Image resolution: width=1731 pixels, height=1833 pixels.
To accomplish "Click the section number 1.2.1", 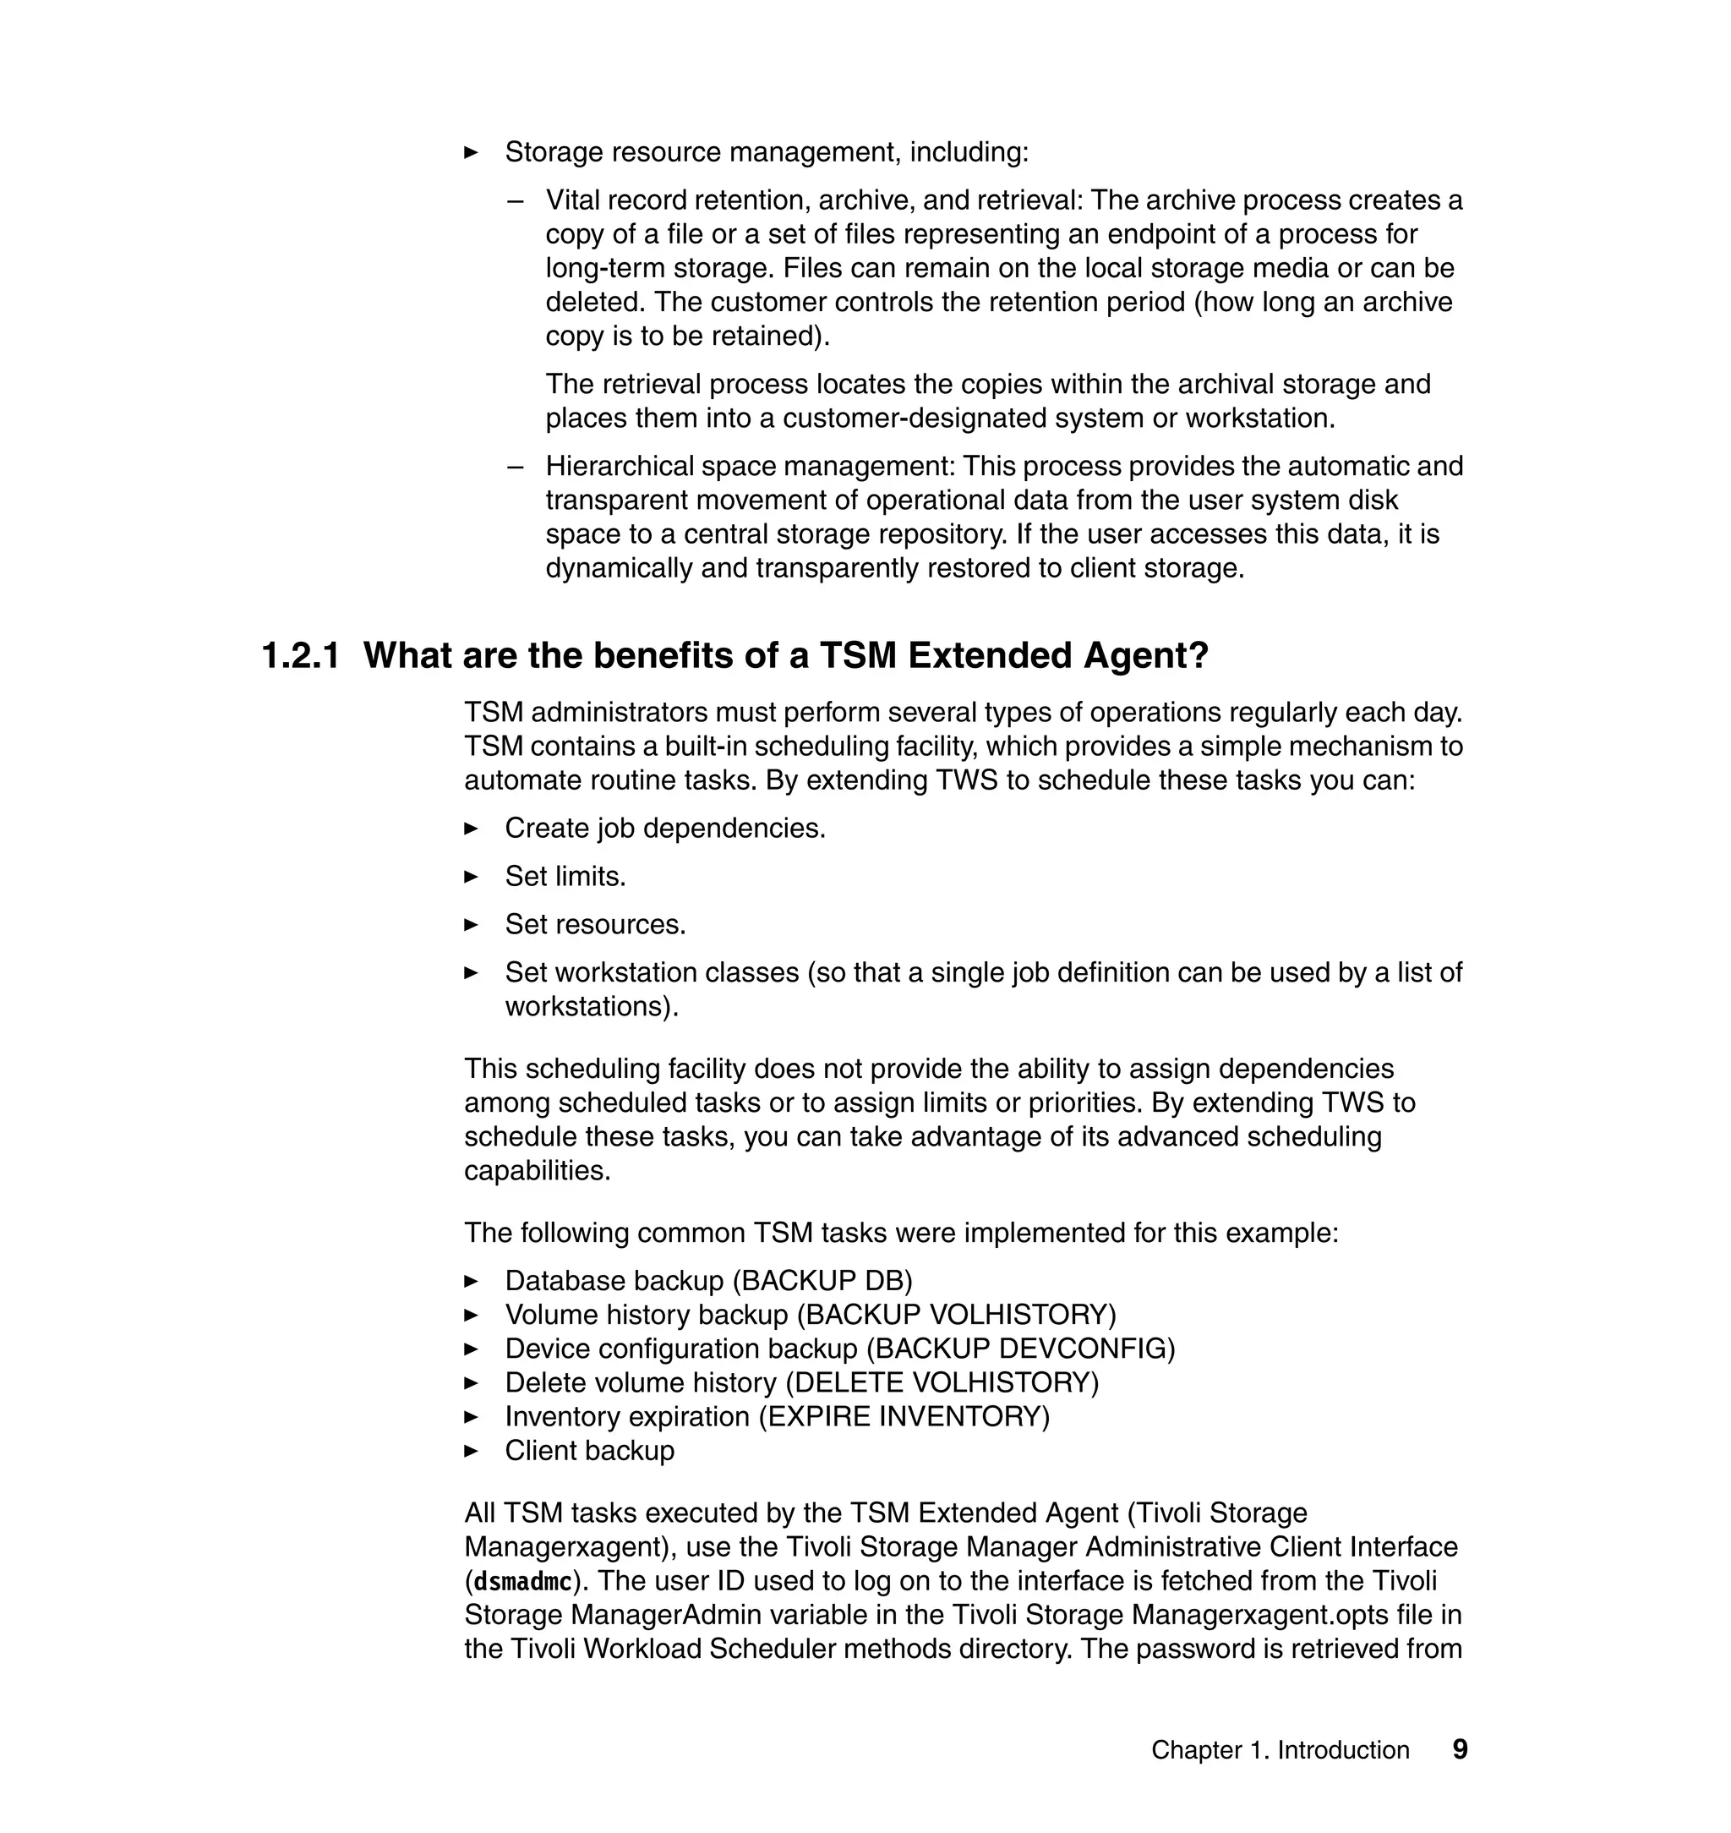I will [301, 656].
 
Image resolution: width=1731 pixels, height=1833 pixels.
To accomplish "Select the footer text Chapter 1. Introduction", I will [1280, 1750].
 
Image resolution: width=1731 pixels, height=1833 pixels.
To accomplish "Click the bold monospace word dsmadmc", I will [522, 1582].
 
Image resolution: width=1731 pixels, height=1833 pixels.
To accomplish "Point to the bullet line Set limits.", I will [565, 876].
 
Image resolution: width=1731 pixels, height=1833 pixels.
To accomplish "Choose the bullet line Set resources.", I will [595, 924].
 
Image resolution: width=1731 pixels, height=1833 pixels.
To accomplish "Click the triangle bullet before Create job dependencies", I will [472, 828].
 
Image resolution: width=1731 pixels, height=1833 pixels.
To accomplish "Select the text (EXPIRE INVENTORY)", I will [904, 1416].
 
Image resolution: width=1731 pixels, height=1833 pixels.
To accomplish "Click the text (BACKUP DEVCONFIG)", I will [1020, 1349].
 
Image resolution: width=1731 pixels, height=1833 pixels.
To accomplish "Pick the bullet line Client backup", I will [590, 1450].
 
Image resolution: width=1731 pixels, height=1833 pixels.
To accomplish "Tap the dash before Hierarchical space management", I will [516, 466].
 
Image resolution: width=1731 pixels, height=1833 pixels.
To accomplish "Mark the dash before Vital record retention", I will [516, 200].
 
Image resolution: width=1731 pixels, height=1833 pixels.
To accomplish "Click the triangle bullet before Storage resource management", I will [472, 152].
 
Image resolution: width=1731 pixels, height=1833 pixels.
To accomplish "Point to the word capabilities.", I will [537, 1170].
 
